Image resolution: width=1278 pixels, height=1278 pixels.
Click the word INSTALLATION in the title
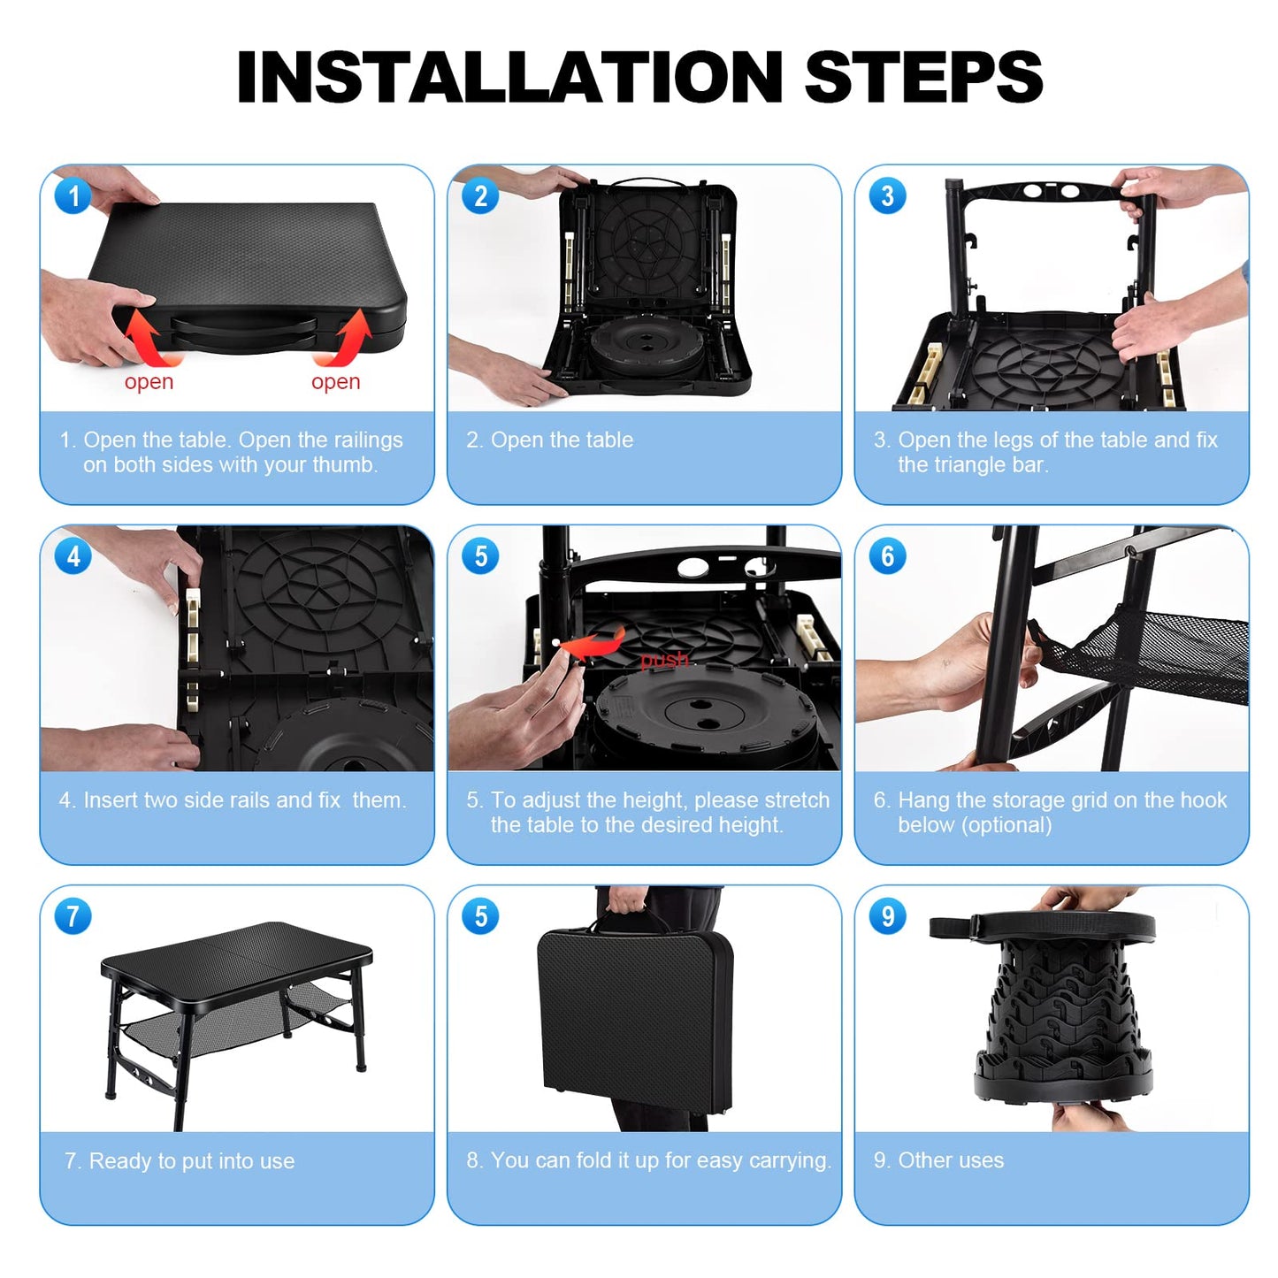[x=509, y=77]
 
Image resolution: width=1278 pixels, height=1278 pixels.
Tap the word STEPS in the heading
[x=923, y=77]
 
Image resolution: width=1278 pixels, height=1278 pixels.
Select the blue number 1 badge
[x=73, y=196]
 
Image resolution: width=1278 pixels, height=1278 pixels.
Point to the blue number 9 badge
[x=888, y=916]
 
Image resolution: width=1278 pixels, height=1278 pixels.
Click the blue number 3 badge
[x=888, y=196]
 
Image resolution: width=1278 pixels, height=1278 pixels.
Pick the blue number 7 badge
[x=73, y=916]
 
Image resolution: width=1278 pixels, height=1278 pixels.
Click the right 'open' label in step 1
[x=335, y=382]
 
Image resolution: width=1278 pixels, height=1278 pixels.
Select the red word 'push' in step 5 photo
[x=664, y=660]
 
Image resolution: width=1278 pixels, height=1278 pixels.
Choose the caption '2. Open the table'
[x=549, y=440]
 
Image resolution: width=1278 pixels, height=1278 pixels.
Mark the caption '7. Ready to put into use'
[x=180, y=1161]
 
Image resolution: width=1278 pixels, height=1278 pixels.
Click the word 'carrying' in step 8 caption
[x=787, y=1161]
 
